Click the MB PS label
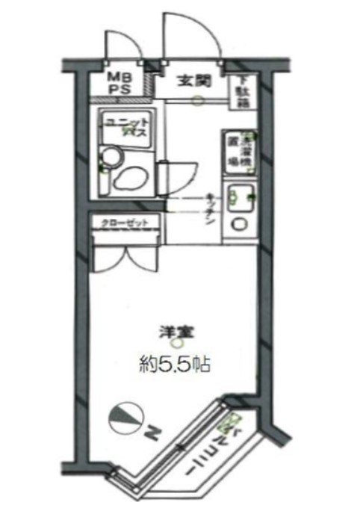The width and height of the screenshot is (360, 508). (x=120, y=82)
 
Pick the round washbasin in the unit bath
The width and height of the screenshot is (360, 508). (x=109, y=156)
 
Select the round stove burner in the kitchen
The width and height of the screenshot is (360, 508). (x=240, y=223)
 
